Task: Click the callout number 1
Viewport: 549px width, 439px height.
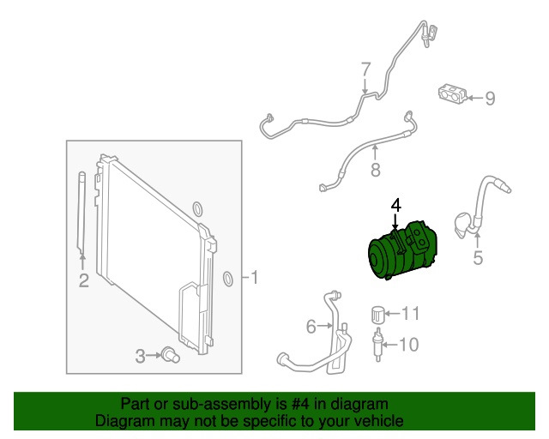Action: click(x=255, y=277)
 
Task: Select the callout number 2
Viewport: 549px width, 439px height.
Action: click(x=83, y=280)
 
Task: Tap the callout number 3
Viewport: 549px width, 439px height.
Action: click(x=141, y=356)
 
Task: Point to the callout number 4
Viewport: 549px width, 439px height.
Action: click(x=395, y=205)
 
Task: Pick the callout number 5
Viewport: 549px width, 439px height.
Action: click(x=478, y=257)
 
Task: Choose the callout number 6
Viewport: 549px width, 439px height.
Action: click(x=311, y=326)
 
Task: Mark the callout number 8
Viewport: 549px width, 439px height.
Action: click(x=375, y=171)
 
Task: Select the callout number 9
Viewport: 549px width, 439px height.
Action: click(x=490, y=99)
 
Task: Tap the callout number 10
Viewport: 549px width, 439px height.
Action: click(x=408, y=345)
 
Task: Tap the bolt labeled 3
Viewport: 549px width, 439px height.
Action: click(x=171, y=355)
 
